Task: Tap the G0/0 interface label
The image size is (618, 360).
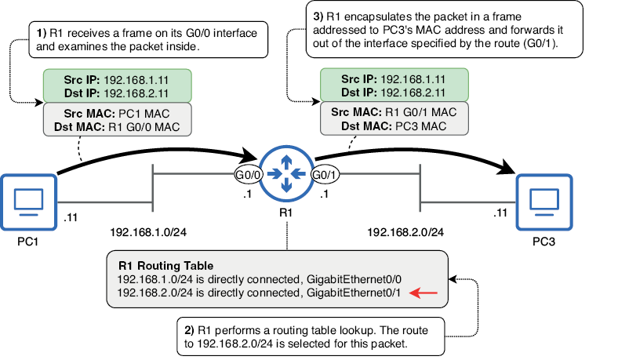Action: pos(247,174)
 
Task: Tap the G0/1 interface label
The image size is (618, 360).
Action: pos(325,174)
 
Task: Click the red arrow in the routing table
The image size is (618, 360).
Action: pos(427,293)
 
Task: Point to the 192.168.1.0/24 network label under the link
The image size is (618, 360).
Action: pos(149,232)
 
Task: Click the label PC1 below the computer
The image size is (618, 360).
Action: pos(29,243)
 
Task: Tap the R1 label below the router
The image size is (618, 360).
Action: pos(286,213)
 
